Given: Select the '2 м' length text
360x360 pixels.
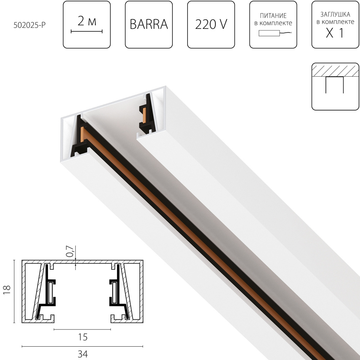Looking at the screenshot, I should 87,22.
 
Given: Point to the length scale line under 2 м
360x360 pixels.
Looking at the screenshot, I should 87,32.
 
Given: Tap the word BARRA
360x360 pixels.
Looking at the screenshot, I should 149,24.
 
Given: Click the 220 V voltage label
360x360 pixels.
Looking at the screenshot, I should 211,24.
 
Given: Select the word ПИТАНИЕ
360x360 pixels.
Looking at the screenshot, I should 273,16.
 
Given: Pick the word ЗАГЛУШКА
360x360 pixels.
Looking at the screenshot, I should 335,15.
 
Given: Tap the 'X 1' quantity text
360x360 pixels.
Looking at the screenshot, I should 335,34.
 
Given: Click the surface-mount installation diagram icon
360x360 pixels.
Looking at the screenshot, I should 335,86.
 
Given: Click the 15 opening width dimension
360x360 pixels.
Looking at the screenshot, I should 83,337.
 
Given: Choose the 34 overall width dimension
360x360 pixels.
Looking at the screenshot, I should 83,354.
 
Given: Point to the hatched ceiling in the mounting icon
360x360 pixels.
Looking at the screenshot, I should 335,70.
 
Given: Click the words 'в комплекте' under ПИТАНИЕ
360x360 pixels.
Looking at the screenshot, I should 273,23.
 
